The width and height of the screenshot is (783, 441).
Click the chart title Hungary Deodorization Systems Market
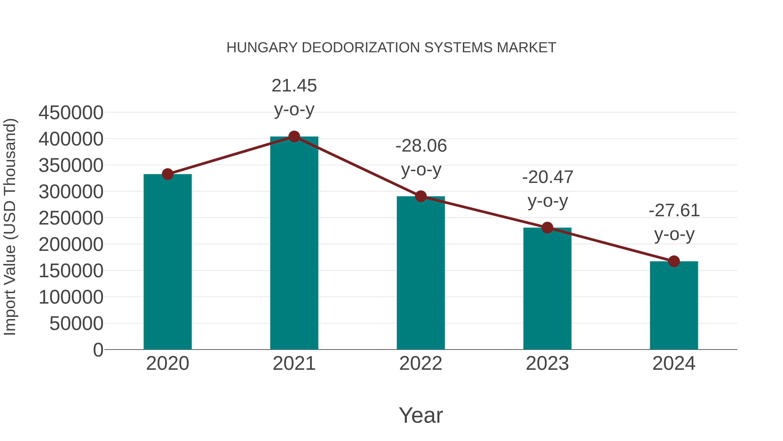click(x=391, y=48)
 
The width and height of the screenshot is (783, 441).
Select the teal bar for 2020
click(x=167, y=262)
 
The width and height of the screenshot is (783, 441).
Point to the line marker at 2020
click(x=167, y=174)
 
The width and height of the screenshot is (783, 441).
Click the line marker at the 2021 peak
click(x=294, y=137)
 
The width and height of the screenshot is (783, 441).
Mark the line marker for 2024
click(x=674, y=261)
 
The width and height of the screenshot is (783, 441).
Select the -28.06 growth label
click(x=421, y=157)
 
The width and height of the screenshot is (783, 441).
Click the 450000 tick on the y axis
click(x=71, y=113)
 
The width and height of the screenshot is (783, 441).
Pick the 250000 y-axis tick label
click(x=71, y=218)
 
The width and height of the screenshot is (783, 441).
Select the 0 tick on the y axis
click(x=98, y=350)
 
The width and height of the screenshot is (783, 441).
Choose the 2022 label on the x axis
click(x=421, y=363)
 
